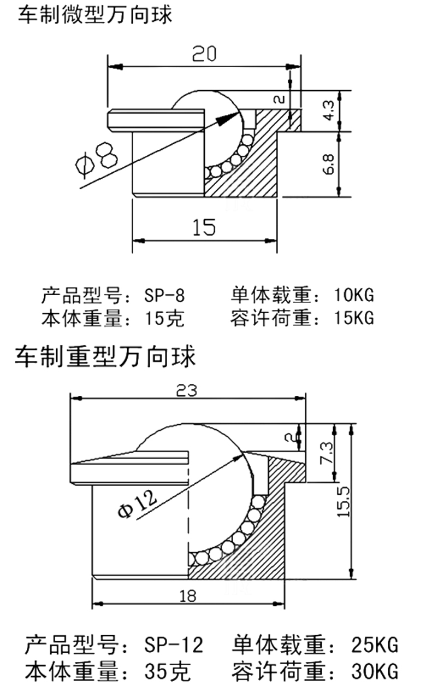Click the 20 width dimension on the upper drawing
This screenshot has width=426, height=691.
(204, 54)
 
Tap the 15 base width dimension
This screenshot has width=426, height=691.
(204, 227)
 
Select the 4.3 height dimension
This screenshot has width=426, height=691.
(329, 110)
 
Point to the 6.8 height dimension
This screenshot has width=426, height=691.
(329, 165)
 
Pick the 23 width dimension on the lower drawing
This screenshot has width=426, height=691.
(186, 390)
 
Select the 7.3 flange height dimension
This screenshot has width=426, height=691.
(327, 453)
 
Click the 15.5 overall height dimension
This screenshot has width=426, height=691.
(344, 502)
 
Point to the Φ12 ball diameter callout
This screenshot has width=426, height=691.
(137, 503)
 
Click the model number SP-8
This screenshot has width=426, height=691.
(164, 295)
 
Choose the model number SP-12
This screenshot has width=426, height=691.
(174, 644)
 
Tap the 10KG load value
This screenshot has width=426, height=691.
(354, 295)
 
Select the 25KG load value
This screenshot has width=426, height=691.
(375, 644)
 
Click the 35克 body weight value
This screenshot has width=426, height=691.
(167, 671)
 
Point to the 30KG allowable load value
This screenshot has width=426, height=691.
(375, 671)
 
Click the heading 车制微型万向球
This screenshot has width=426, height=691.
(95, 15)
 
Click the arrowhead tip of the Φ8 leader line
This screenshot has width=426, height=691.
(239, 113)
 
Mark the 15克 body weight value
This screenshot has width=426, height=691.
(164, 318)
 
